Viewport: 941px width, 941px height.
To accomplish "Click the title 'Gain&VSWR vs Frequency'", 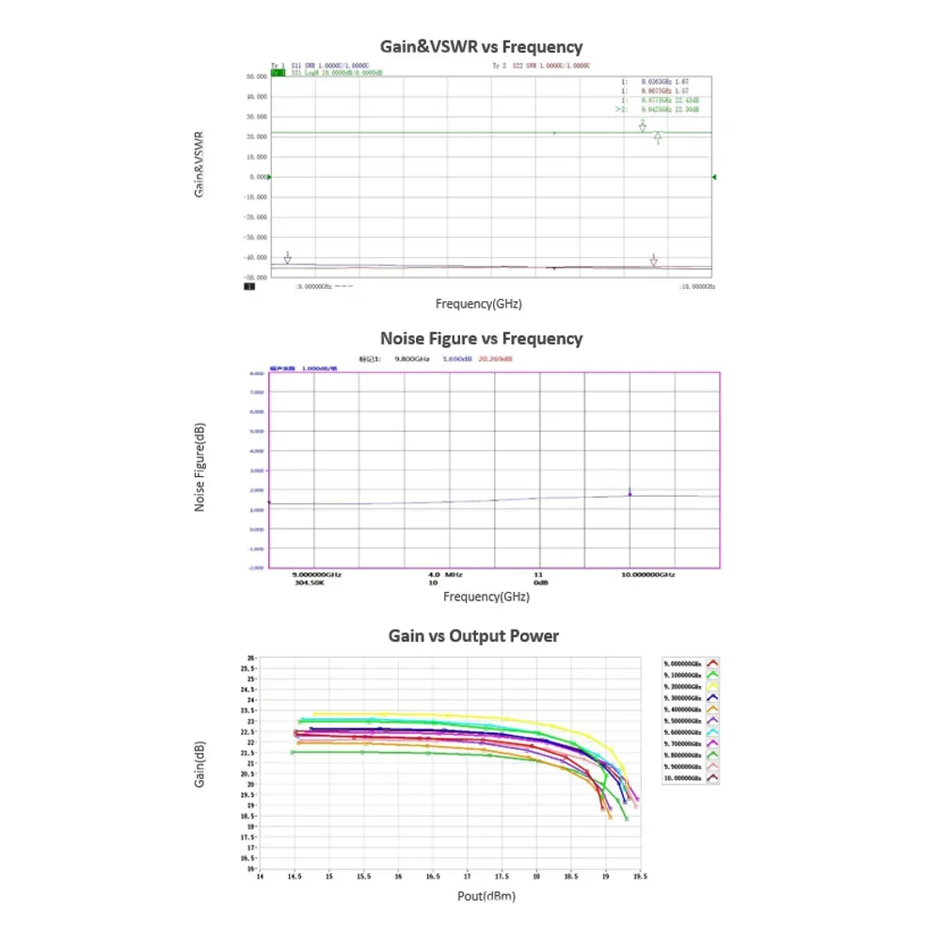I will point(481,46).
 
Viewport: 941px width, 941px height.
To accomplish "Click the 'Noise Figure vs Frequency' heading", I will point(481,338).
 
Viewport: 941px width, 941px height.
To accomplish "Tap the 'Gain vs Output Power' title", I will point(473,636).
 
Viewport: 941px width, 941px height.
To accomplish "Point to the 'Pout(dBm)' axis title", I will point(486,896).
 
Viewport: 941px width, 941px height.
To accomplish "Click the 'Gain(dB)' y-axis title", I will point(200,764).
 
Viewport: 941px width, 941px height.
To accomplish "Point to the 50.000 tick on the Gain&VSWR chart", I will point(256,76).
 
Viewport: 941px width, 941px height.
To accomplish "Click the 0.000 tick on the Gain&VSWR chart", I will point(259,177).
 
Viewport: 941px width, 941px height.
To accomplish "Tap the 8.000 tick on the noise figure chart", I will point(257,373).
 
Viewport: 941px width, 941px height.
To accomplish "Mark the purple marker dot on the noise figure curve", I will point(630,494).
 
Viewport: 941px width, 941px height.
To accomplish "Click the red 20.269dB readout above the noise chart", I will point(495,359).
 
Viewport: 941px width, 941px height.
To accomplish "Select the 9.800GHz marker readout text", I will point(411,359).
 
